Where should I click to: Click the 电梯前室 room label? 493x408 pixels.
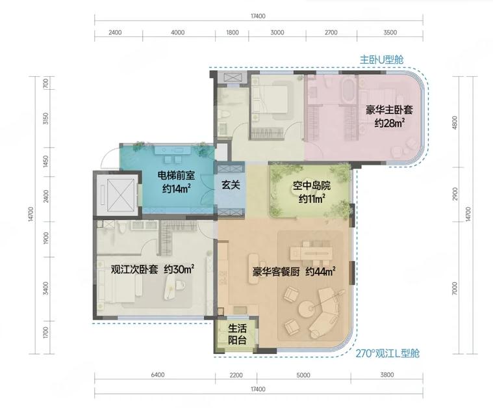pyautogui.click(x=176, y=175)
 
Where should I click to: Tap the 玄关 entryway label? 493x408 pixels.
pyautogui.click(x=231, y=185)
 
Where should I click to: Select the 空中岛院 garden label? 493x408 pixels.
pyautogui.click(x=312, y=185)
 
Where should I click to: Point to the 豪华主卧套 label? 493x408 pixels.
pyautogui.click(x=389, y=110)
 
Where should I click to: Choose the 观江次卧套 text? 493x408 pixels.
pyautogui.click(x=134, y=270)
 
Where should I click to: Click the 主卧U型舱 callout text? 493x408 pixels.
pyautogui.click(x=382, y=60)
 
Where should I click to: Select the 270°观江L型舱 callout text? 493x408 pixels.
pyautogui.click(x=387, y=353)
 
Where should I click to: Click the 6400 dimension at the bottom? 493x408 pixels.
pyautogui.click(x=158, y=375)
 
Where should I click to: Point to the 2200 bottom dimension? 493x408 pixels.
pyautogui.click(x=236, y=375)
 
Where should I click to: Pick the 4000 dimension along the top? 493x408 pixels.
pyautogui.click(x=177, y=33)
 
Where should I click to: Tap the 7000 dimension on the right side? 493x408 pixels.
pyautogui.click(x=455, y=288)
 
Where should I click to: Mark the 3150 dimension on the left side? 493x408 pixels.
pyautogui.click(x=46, y=118)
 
